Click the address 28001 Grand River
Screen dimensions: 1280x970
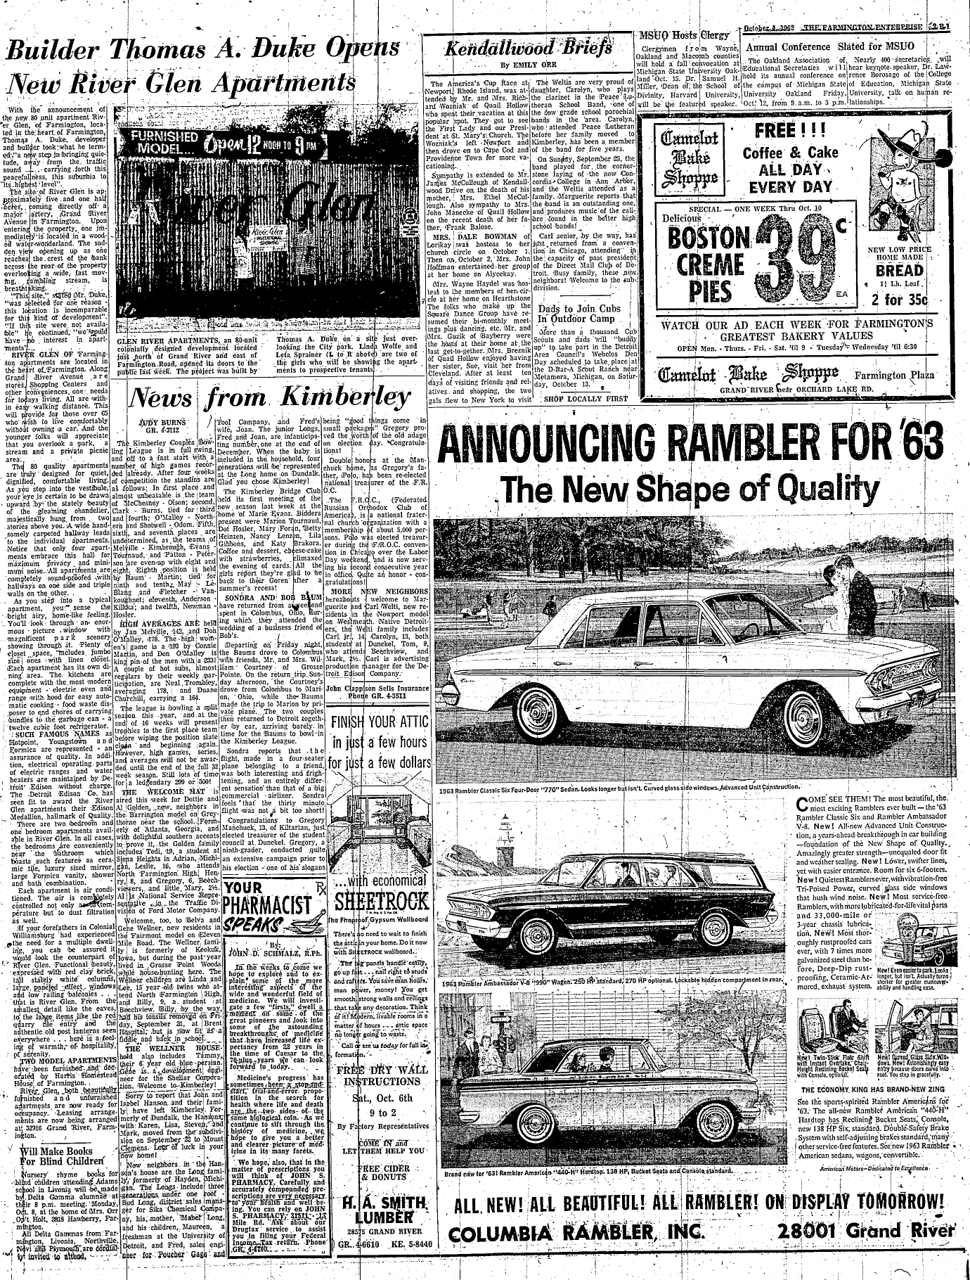coord(867,1250)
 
